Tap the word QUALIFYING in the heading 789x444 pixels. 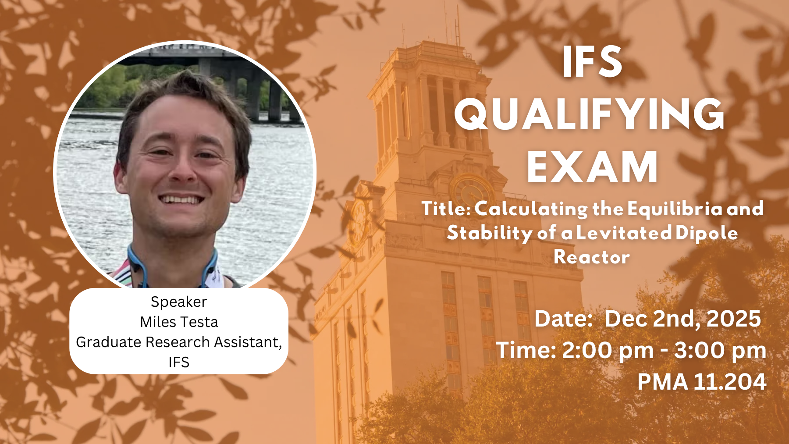tap(590, 114)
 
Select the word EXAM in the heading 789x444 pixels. tap(593, 167)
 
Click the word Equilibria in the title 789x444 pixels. tap(675, 209)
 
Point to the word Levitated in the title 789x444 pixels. tap(623, 233)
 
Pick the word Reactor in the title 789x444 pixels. tap(592, 257)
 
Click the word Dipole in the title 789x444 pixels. tap(707, 233)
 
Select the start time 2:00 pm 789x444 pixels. tap(608, 351)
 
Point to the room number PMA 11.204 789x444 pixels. tap(702, 382)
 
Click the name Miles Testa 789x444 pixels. tap(179, 322)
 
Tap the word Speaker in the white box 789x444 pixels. tap(179, 302)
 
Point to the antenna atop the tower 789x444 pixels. tap(458, 26)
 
